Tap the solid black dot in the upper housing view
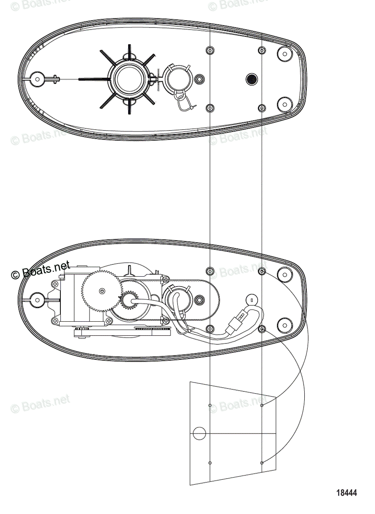point(251,79)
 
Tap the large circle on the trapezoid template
point(199,433)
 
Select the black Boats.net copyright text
point(41,270)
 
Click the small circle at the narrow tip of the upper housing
point(36,79)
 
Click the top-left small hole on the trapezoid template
point(210,405)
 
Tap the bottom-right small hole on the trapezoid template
point(262,463)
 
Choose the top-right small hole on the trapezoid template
point(262,405)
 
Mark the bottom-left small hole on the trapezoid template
point(210,463)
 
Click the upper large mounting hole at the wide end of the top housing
point(284,54)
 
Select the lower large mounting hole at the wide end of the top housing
point(284,104)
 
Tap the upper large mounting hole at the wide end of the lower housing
point(284,274)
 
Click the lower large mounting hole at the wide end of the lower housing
point(284,324)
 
